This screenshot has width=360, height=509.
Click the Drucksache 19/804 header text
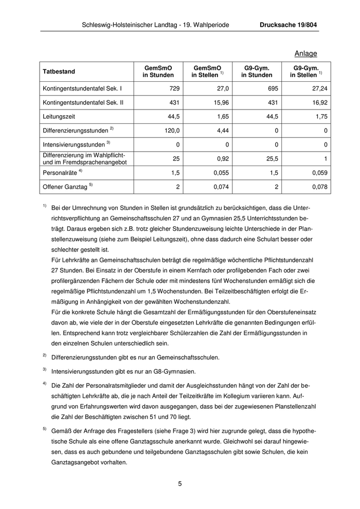(x=289, y=25)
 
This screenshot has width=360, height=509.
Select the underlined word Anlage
(x=306, y=53)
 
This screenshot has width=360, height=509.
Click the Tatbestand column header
(x=59, y=71)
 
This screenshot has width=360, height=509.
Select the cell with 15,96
(x=221, y=102)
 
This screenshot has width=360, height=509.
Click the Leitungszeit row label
(x=61, y=116)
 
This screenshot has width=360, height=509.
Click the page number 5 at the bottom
(x=180, y=483)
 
